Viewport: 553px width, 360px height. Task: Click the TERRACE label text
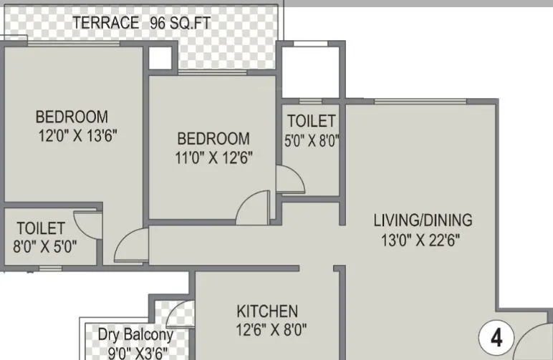(105, 23)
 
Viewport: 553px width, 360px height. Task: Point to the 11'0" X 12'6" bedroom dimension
(213, 157)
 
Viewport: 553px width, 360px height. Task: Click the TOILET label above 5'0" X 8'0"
(311, 121)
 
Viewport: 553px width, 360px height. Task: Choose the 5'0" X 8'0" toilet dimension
(311, 141)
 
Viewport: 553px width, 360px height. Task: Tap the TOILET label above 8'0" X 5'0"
(41, 229)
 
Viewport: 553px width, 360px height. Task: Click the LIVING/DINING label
(423, 220)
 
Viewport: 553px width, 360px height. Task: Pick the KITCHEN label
(267, 311)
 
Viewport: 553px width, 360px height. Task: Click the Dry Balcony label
(136, 334)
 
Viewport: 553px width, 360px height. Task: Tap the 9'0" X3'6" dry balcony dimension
(138, 352)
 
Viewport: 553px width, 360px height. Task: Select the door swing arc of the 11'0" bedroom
(253, 208)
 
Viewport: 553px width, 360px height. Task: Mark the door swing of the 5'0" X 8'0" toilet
(289, 180)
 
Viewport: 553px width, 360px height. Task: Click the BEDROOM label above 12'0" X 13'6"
(72, 116)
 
